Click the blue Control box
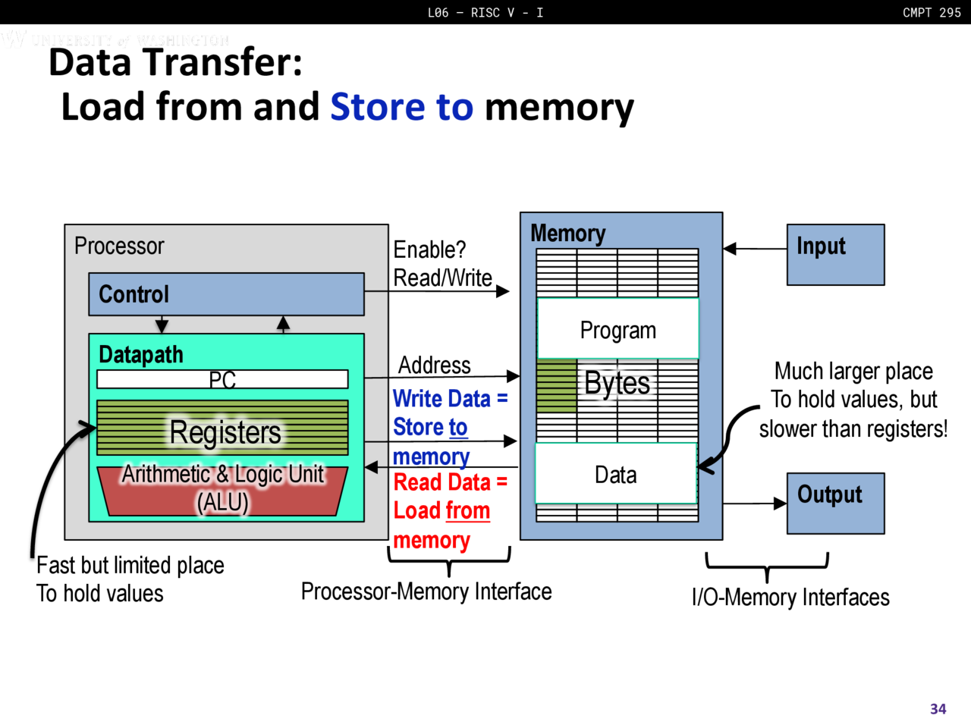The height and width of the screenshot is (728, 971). pos(226,294)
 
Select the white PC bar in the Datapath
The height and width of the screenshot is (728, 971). pos(222,379)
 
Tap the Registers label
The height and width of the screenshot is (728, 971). pos(225,432)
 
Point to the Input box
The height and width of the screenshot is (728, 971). pos(835,255)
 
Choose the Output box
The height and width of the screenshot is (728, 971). pos(835,504)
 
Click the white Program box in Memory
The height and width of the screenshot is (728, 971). pos(617,329)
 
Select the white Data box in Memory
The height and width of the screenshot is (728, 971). pos(615,475)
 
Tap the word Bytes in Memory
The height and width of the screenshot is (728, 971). pos(617,383)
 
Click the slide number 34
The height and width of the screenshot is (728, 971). pos(938,708)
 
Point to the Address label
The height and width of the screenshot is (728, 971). pos(435,366)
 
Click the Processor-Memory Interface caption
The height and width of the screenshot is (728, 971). pos(426,591)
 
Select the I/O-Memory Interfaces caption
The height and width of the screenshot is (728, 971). pos(790,598)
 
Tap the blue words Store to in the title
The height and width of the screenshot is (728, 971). pos(401,107)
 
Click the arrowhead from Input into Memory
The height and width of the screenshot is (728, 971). pos(730,248)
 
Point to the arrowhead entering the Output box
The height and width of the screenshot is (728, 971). pos(780,503)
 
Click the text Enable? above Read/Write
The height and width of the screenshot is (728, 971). pos(429,249)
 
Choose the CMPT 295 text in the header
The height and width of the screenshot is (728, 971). pos(932,12)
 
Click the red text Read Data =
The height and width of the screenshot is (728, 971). pos(450,482)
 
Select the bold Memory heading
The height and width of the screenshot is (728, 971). pos(567,234)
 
